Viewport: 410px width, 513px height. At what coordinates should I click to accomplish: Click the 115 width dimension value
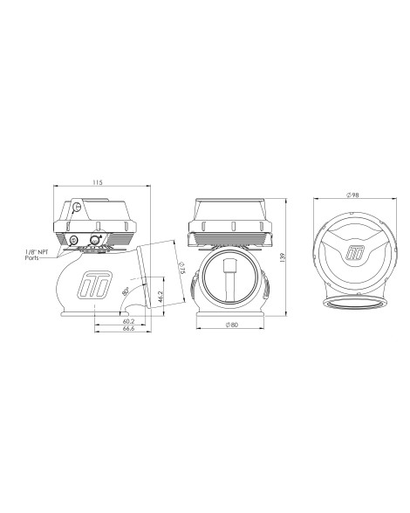tap(97, 182)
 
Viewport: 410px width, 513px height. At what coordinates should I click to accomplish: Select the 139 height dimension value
tap(283, 256)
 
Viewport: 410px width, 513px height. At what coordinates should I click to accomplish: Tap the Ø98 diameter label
tap(352, 195)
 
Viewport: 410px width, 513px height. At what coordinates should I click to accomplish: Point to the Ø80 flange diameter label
tap(232, 325)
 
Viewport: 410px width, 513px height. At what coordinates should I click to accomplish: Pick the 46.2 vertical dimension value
tap(160, 298)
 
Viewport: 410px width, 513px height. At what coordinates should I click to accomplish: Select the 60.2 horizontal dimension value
tap(128, 322)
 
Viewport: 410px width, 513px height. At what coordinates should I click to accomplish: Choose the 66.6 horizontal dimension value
tap(128, 328)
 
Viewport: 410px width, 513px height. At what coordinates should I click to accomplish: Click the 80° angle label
tap(126, 291)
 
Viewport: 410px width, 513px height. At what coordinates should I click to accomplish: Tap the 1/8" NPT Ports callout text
tap(37, 255)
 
